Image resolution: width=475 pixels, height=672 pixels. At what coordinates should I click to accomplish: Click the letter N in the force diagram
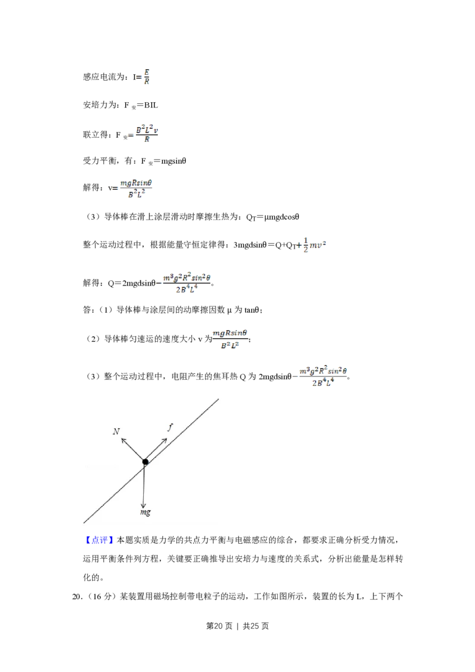click(x=116, y=431)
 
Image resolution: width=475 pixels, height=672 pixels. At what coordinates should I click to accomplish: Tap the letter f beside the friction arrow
click(x=170, y=427)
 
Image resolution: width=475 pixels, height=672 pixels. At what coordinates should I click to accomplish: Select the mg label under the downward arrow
click(x=145, y=512)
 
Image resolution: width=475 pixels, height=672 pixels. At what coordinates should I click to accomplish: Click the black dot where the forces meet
click(x=145, y=462)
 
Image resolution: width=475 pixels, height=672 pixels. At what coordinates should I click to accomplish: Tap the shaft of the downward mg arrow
click(x=144, y=484)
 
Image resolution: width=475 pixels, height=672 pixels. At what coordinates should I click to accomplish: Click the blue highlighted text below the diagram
click(x=99, y=540)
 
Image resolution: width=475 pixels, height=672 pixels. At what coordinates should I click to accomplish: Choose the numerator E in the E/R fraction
click(x=147, y=72)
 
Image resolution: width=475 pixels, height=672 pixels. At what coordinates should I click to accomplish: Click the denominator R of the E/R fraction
click(x=147, y=82)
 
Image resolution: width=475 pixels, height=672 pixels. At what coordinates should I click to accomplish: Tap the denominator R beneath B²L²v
click(x=147, y=140)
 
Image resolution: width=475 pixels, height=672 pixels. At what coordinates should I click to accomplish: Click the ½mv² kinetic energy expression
click(x=312, y=245)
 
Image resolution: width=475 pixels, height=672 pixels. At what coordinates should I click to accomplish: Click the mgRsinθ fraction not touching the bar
click(x=229, y=339)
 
